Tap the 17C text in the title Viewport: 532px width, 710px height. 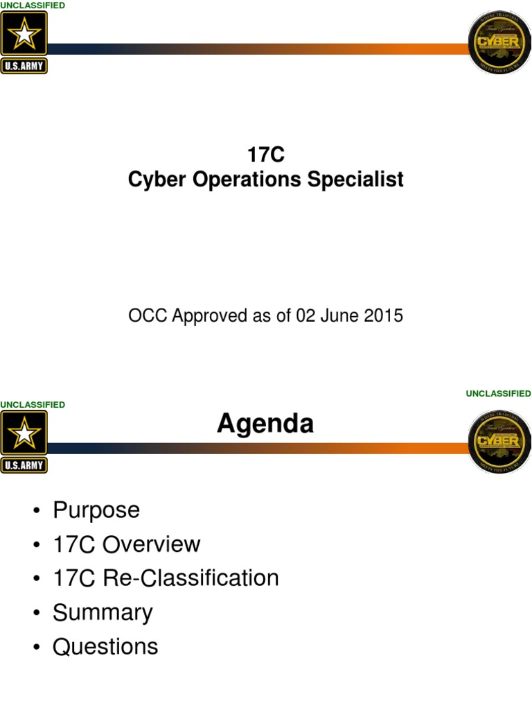click(266, 155)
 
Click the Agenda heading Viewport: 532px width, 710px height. click(265, 423)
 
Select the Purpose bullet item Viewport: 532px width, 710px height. click(96, 510)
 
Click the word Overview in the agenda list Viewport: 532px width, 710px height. click(152, 544)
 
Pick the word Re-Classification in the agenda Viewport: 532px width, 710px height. click(190, 578)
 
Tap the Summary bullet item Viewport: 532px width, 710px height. click(103, 612)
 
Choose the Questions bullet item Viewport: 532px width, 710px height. click(105, 646)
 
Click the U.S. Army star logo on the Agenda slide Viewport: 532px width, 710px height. click(24, 441)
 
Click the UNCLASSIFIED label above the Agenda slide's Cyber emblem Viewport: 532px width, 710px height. click(498, 393)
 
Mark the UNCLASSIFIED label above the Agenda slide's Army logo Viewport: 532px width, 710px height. click(33, 404)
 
